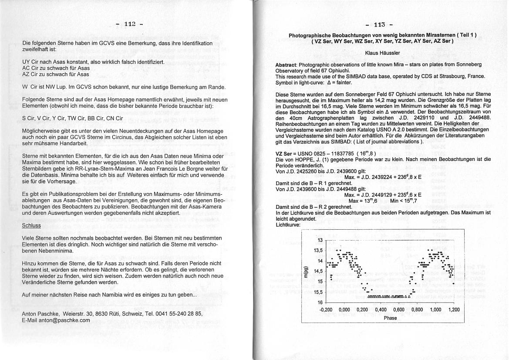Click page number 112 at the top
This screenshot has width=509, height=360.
pos(130,24)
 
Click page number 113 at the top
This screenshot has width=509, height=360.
pos(379,24)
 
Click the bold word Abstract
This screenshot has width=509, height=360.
pos(286,65)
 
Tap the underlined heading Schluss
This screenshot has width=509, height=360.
pos(31,225)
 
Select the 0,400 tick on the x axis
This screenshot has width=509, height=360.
pos(381,310)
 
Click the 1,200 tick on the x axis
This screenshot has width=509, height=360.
pos(454,310)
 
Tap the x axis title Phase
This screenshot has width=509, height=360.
pos(390,318)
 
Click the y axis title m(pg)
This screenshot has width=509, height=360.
pos(306,272)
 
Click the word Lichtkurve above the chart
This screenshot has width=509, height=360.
pos(288,225)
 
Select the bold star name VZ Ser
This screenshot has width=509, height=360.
pos(284,154)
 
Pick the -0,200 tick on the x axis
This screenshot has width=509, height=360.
pos(326,310)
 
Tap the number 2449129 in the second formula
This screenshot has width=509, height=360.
pos(375,196)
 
